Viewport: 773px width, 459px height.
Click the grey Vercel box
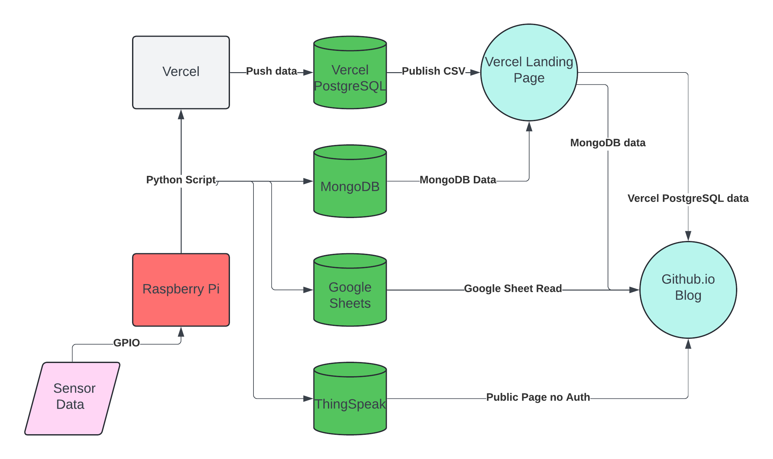click(x=181, y=72)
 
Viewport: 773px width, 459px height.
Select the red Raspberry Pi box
click(x=181, y=290)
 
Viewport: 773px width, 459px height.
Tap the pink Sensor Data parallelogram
click(x=72, y=398)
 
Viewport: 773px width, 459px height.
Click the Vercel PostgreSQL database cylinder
click(x=350, y=77)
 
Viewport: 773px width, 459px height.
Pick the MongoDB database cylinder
click(x=350, y=186)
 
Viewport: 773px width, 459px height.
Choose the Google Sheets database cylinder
click(x=350, y=295)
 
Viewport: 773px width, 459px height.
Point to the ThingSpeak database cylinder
click(x=350, y=403)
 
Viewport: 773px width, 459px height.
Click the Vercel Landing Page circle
click(x=529, y=72)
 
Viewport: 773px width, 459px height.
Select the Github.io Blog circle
click(x=688, y=290)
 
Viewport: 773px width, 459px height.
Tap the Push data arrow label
click(x=272, y=71)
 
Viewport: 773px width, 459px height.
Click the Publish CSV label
click(x=434, y=71)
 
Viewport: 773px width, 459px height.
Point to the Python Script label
click(x=181, y=180)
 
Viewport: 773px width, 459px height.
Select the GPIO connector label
click(x=127, y=343)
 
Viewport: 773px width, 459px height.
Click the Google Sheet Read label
click(x=513, y=289)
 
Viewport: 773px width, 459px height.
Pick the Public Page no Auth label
click(x=538, y=397)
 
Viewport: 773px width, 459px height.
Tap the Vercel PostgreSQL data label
click(x=688, y=198)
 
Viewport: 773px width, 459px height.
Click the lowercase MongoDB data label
click(x=608, y=143)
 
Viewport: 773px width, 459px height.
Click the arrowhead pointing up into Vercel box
click(x=181, y=114)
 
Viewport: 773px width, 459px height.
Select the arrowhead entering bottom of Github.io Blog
click(x=688, y=344)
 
